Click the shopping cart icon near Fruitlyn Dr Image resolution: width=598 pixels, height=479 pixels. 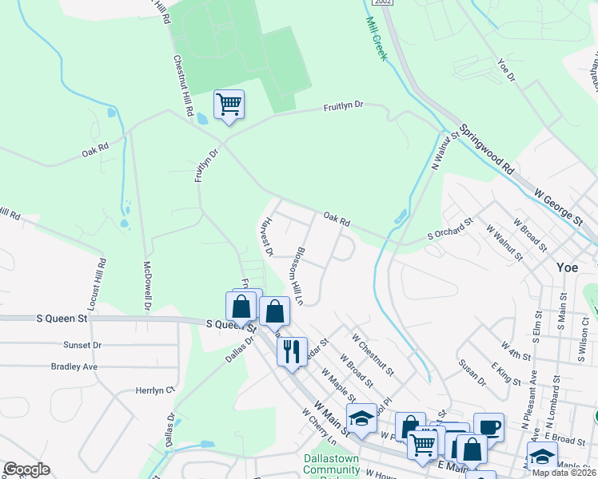[229, 104]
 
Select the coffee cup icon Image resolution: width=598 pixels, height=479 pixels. [488, 426]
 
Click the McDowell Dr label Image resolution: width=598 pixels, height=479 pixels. [147, 284]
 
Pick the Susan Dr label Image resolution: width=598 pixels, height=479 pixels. [472, 370]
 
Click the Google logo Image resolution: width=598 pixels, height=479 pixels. [26, 469]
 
